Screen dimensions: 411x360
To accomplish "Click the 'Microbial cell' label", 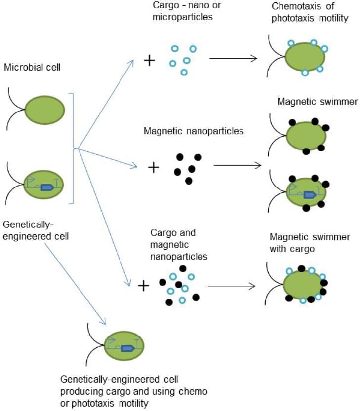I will (32, 67).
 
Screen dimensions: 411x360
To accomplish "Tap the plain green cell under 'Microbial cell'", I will (44, 109).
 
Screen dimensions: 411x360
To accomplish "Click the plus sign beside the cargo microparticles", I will (149, 61).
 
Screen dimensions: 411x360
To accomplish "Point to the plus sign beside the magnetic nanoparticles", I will (154, 167).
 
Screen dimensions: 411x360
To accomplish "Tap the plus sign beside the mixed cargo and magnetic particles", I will (144, 286).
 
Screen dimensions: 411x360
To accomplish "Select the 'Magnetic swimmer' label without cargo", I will (317, 102).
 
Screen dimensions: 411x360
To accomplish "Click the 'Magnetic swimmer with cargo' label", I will (310, 243).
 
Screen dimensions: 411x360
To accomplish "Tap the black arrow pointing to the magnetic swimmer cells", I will (237, 165).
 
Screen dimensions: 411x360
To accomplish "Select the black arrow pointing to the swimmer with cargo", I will (232, 286).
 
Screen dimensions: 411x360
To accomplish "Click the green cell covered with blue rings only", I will (296, 58).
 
